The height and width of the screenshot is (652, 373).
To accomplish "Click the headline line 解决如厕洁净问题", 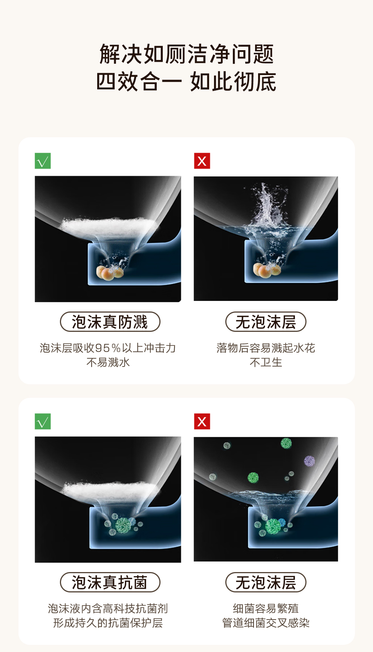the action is coord(186,54).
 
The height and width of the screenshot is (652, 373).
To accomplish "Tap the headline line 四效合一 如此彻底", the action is coord(186,81).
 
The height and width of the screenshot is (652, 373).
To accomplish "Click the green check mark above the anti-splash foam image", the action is coord(43,161).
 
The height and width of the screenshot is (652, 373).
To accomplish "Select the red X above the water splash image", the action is coord(202,161).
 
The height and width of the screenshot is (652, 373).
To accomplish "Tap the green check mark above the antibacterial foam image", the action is coord(43,422).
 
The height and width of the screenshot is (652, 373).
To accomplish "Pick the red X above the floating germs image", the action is coord(202,422).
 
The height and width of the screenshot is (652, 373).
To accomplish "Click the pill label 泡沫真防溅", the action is coord(110,322).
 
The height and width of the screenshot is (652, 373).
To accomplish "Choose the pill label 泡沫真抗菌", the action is coord(110,582).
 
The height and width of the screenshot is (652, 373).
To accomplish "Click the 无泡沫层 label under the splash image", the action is coord(266,322).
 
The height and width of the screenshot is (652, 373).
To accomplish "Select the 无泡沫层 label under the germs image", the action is coord(266,582).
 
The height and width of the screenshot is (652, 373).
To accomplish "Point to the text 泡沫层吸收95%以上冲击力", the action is coord(108,348).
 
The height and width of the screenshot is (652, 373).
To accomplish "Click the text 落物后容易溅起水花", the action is coord(266,348).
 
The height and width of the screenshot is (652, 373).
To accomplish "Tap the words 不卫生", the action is coord(266,362).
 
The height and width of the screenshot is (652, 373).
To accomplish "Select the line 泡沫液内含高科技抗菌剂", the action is coord(108,608).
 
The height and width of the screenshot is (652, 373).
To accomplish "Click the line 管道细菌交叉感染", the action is coord(266,623).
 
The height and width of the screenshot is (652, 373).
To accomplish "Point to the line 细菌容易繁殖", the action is coord(266,608).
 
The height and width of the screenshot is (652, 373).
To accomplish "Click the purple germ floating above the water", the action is coord(309,461).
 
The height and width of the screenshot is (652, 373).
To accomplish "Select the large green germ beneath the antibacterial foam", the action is coord(123,526).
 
